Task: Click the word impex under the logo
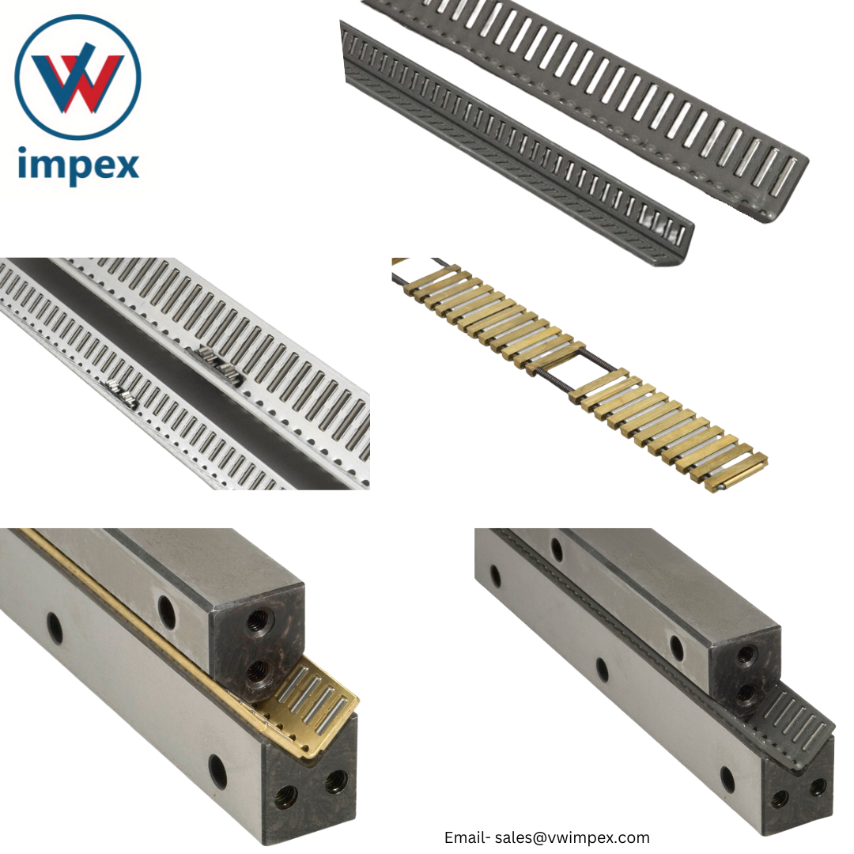click(x=77, y=165)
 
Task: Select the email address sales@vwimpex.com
click(x=572, y=837)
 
